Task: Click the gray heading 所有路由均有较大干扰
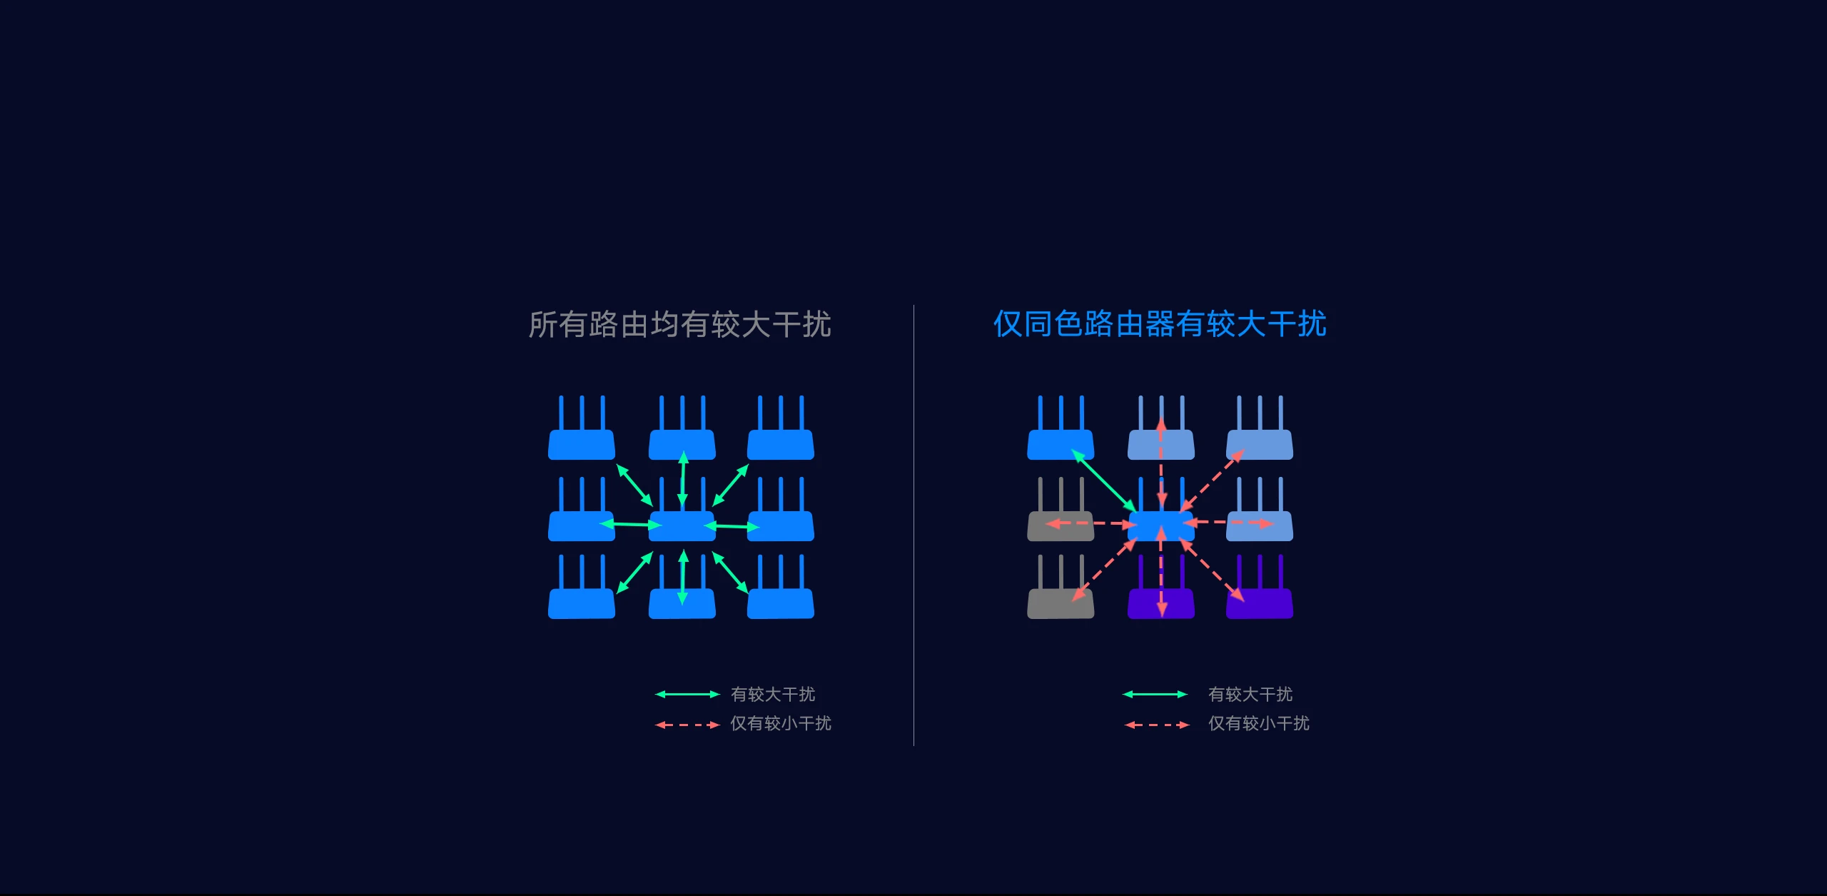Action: [x=679, y=325]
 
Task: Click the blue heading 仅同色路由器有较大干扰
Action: [x=1160, y=324]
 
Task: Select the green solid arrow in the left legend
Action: [x=687, y=694]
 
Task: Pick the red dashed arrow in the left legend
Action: [x=687, y=725]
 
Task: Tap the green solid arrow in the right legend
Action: [x=1155, y=694]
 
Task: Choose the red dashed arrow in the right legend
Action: [x=1156, y=725]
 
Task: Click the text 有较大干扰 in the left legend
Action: [x=773, y=694]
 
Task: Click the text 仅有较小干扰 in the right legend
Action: [x=1258, y=723]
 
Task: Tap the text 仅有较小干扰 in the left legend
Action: [x=780, y=723]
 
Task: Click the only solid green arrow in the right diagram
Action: [x=1103, y=481]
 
